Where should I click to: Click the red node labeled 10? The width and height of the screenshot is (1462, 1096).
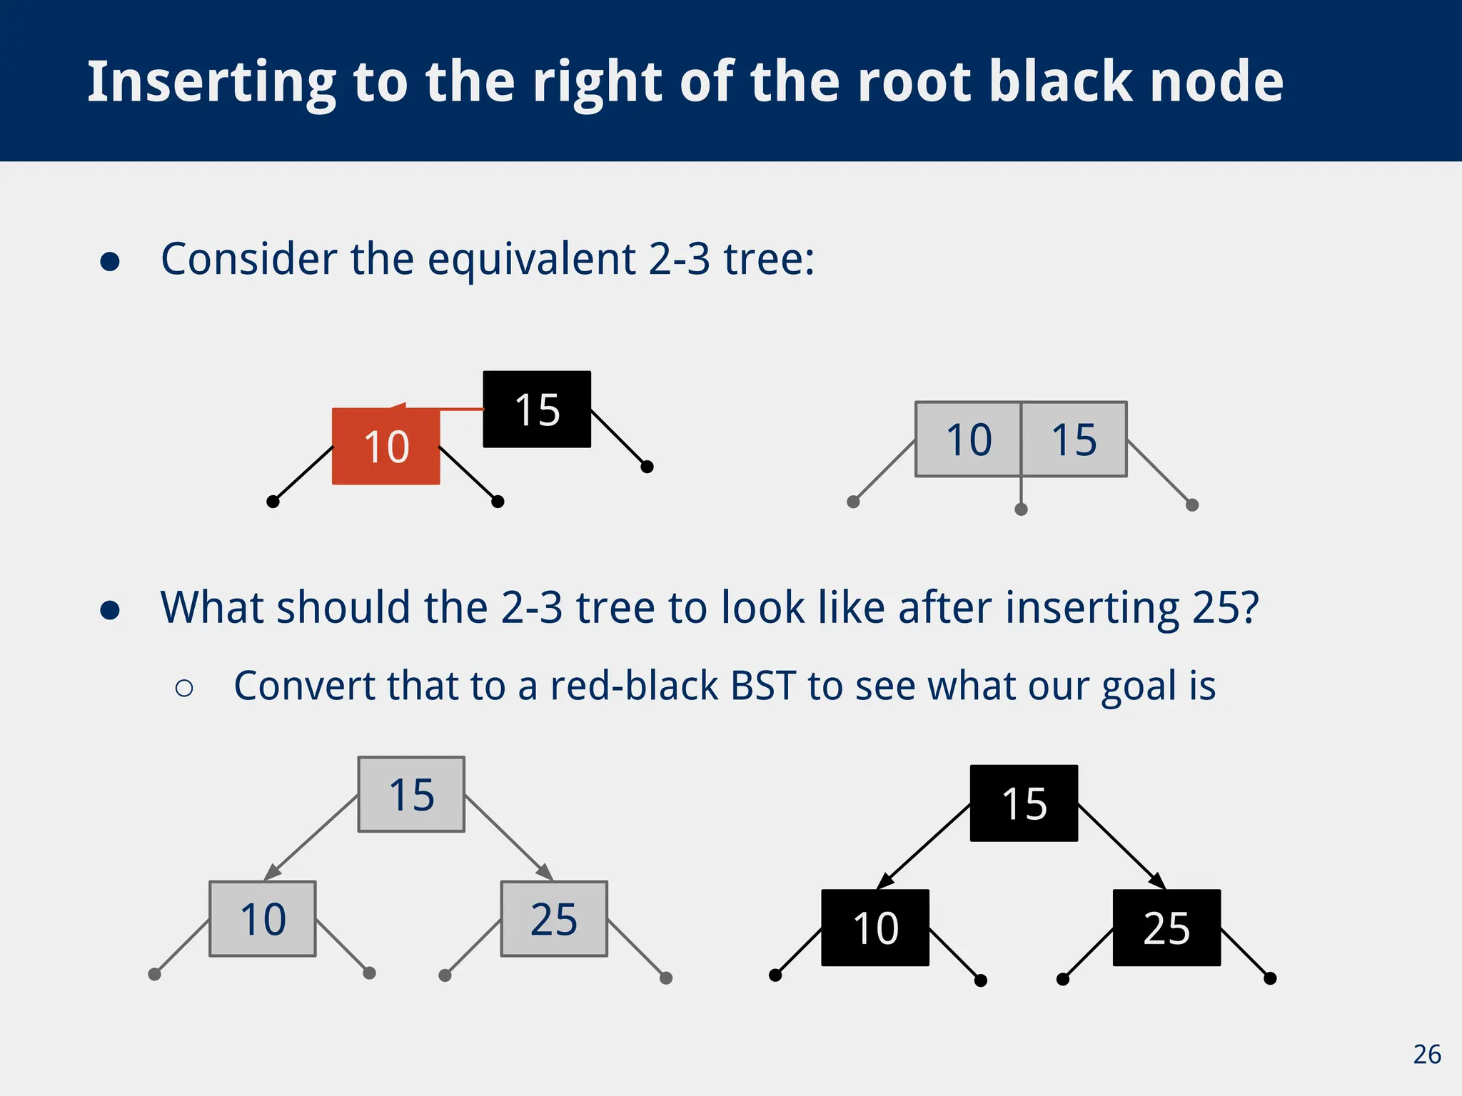coord(385,447)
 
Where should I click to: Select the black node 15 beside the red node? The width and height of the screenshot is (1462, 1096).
coord(537,410)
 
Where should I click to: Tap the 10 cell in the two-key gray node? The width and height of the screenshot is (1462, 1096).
coord(969,440)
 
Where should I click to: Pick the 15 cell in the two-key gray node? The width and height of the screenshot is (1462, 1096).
coord(1074,440)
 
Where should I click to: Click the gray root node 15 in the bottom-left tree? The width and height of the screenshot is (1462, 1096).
coord(411,794)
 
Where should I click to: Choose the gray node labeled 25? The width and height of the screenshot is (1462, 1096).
coord(554,919)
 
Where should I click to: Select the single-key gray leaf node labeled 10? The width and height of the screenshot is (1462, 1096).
coord(263,919)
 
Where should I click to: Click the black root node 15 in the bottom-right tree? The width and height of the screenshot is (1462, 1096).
coord(1024,803)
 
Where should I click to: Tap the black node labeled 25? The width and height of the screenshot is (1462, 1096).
coord(1166,928)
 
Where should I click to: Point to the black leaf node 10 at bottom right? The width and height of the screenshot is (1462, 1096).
coord(875,928)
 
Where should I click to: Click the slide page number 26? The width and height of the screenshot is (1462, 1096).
coord(1426,1055)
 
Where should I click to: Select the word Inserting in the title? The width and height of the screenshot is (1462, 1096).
coord(211,83)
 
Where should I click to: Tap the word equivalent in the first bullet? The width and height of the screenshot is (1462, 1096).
coord(531,259)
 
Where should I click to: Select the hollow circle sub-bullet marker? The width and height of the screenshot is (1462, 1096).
coord(184,688)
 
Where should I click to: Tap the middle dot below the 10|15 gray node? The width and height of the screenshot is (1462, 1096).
coord(1021,509)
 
